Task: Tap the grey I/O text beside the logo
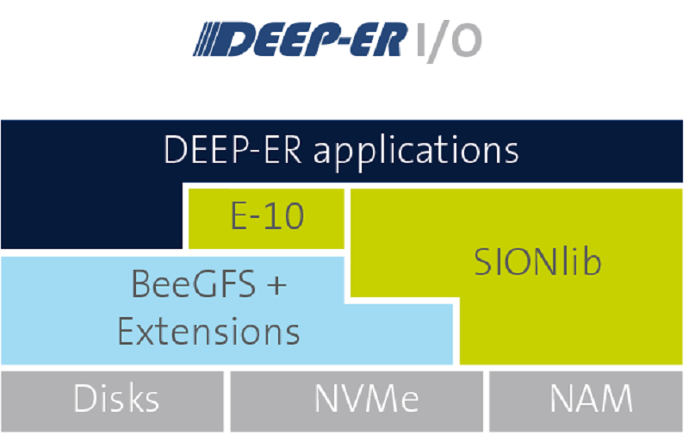point(448,40)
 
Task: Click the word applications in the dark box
point(416,152)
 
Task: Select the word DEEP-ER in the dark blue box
point(233,150)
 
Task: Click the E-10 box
point(266,219)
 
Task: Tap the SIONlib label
point(537,262)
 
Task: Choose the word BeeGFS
point(193,284)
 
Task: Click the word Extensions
point(208,331)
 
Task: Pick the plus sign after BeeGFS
point(276,285)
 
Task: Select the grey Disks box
point(113,401)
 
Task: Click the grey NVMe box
point(357,401)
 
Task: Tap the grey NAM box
point(587,401)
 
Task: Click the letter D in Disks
point(84,398)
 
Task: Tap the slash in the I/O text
point(437,41)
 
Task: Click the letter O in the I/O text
point(467,40)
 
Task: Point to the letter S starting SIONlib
point(483,262)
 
